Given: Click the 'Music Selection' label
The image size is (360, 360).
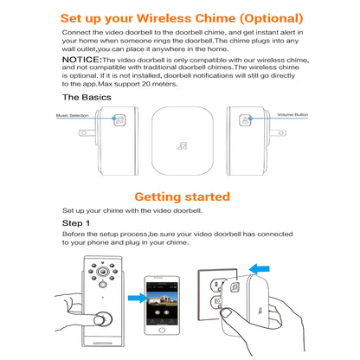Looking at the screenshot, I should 74,114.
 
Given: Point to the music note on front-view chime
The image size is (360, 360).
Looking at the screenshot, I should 183,147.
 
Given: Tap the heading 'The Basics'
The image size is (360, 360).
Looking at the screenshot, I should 87,98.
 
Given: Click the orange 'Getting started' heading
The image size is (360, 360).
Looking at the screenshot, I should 180,196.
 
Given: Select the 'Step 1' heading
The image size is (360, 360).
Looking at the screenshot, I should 76,223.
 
